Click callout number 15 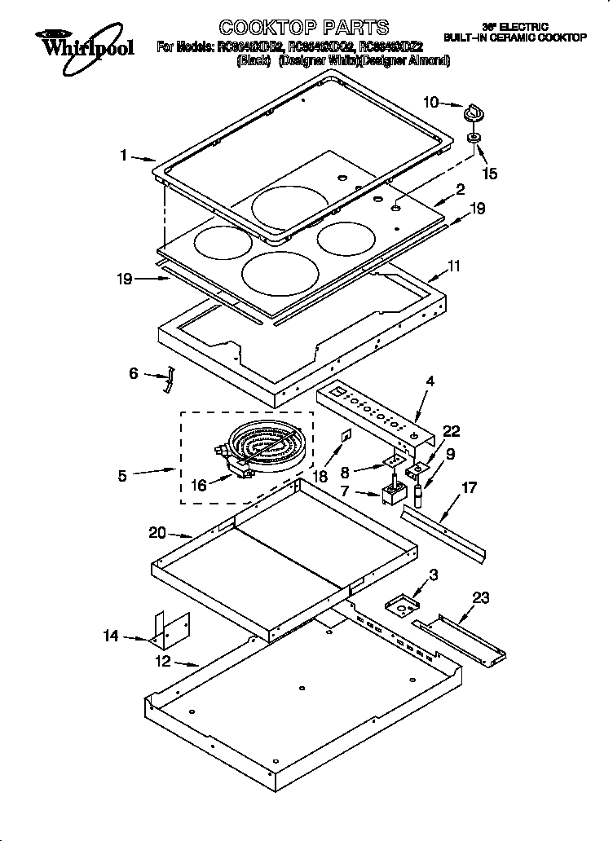490,174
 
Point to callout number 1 124,156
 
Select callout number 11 454,266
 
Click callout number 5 122,475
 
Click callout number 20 157,533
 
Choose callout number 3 434,575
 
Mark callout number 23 481,599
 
